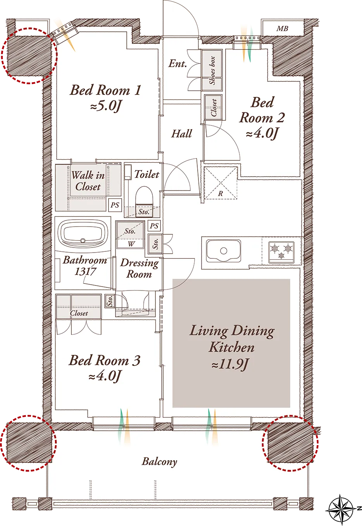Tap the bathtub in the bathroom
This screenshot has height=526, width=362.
tap(83, 232)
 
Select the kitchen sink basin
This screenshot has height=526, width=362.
tap(223, 251)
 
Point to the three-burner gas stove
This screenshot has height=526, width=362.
tap(281, 252)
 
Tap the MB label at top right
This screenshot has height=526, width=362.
tap(282, 29)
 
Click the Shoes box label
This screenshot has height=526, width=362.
tap(212, 70)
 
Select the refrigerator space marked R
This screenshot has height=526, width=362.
tap(221, 183)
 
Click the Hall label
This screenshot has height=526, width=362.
tap(182, 134)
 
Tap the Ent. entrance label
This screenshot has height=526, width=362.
tap(178, 64)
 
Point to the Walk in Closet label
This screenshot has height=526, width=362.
tap(88, 181)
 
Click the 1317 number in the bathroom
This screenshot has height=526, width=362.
tap(85, 272)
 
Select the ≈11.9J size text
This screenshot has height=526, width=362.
tap(230, 364)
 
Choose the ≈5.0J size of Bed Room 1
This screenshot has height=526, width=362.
tap(106, 107)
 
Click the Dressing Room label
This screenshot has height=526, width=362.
tap(139, 268)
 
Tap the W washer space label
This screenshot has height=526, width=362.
tap(131, 244)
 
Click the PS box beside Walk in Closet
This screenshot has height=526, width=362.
tap(115, 205)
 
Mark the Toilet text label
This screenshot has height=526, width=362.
tap(147, 174)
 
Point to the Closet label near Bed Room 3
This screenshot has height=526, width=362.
tap(79, 313)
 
